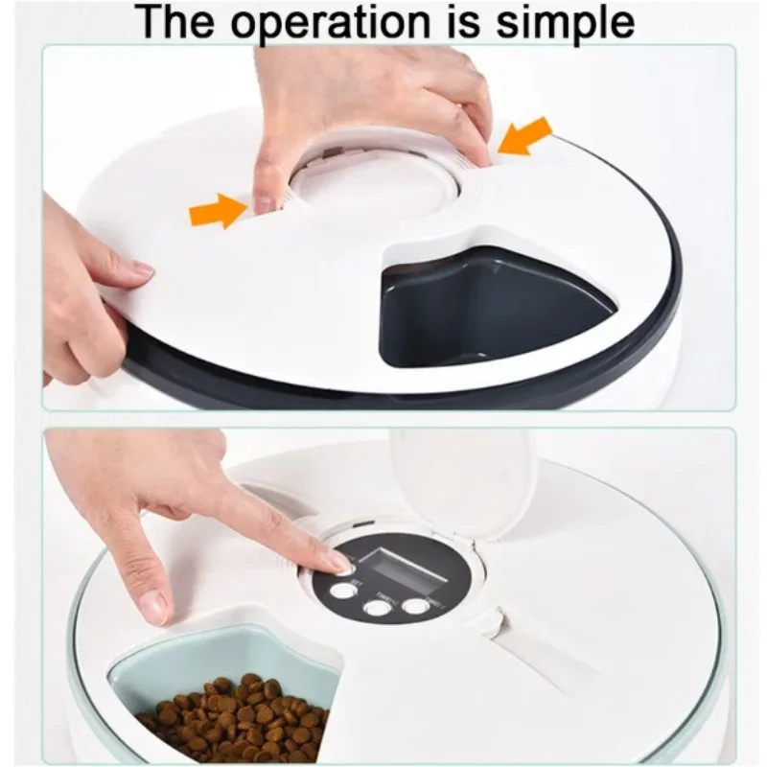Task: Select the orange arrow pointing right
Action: pyautogui.click(x=219, y=208)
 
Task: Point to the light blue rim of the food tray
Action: pyautogui.click(x=182, y=652)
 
